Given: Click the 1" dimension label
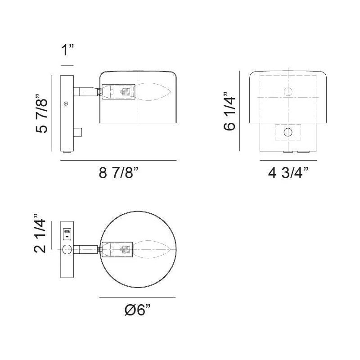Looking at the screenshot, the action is pyautogui.click(x=67, y=50).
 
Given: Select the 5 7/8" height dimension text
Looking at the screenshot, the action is pyautogui.click(x=41, y=113).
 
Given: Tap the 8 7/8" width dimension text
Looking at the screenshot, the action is pyautogui.click(x=118, y=173).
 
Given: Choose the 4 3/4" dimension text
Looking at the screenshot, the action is pyautogui.click(x=288, y=173).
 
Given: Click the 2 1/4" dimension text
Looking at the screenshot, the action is pyautogui.click(x=40, y=234).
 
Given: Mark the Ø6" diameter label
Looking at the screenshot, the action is pyautogui.click(x=138, y=310).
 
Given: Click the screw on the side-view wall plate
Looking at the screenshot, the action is pyautogui.click(x=66, y=103).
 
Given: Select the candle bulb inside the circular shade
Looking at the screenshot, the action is pyautogui.click(x=152, y=249).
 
